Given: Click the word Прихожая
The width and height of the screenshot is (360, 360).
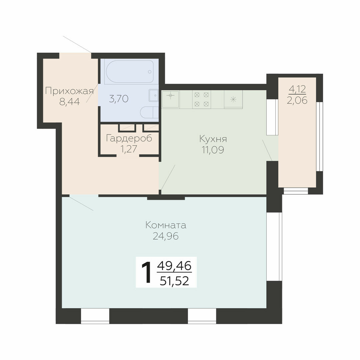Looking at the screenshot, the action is click(x=69, y=91).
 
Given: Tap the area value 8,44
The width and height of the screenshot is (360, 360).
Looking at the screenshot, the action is click(x=70, y=102).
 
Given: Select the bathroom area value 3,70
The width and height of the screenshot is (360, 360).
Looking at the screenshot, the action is click(x=118, y=99).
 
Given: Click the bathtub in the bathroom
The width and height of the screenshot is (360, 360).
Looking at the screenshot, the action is click(x=130, y=71).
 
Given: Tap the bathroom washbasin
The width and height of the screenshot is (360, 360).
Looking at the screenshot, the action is click(x=154, y=95).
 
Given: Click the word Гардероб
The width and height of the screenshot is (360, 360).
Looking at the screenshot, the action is click(x=129, y=138).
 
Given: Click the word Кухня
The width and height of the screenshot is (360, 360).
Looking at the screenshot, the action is click(x=213, y=139).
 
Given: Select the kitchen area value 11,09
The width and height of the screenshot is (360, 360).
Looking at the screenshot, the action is click(x=213, y=150).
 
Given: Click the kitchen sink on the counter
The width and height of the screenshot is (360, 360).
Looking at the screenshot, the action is click(x=171, y=99).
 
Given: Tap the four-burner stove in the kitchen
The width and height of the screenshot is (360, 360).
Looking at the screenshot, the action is click(x=201, y=99).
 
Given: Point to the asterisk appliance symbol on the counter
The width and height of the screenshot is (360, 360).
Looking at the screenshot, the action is click(x=233, y=99).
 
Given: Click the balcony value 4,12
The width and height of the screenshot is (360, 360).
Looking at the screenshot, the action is click(x=297, y=89).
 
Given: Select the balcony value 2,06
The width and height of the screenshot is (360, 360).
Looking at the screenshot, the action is click(x=297, y=100).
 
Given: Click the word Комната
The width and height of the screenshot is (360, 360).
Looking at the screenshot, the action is click(x=166, y=225).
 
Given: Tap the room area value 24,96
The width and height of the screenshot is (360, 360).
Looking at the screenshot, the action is click(x=166, y=236).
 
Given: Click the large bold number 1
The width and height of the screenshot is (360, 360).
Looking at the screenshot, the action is click(x=146, y=272).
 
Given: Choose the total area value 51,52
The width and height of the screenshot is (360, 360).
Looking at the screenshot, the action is click(x=174, y=281).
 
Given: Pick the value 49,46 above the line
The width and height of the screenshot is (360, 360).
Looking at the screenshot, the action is click(x=174, y=266).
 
